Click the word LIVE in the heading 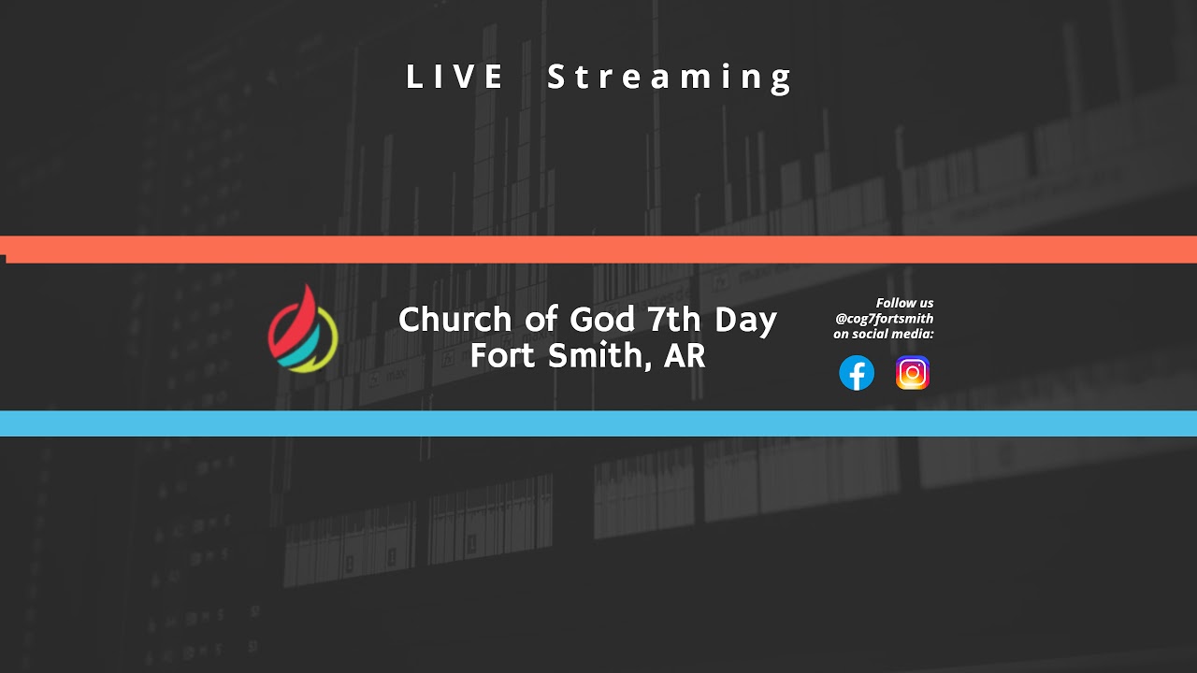coord(455,77)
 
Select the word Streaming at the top coord(670,78)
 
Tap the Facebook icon coord(857,373)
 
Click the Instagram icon coord(913,373)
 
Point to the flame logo coord(303,329)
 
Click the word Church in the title coord(456,320)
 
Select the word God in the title coord(601,320)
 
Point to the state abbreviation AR coord(685,355)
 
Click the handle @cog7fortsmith coord(884,319)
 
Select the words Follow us coord(904,303)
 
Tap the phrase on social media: coord(884,334)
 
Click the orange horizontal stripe coord(598,250)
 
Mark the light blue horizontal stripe coord(598,423)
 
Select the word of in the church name coord(541,320)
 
